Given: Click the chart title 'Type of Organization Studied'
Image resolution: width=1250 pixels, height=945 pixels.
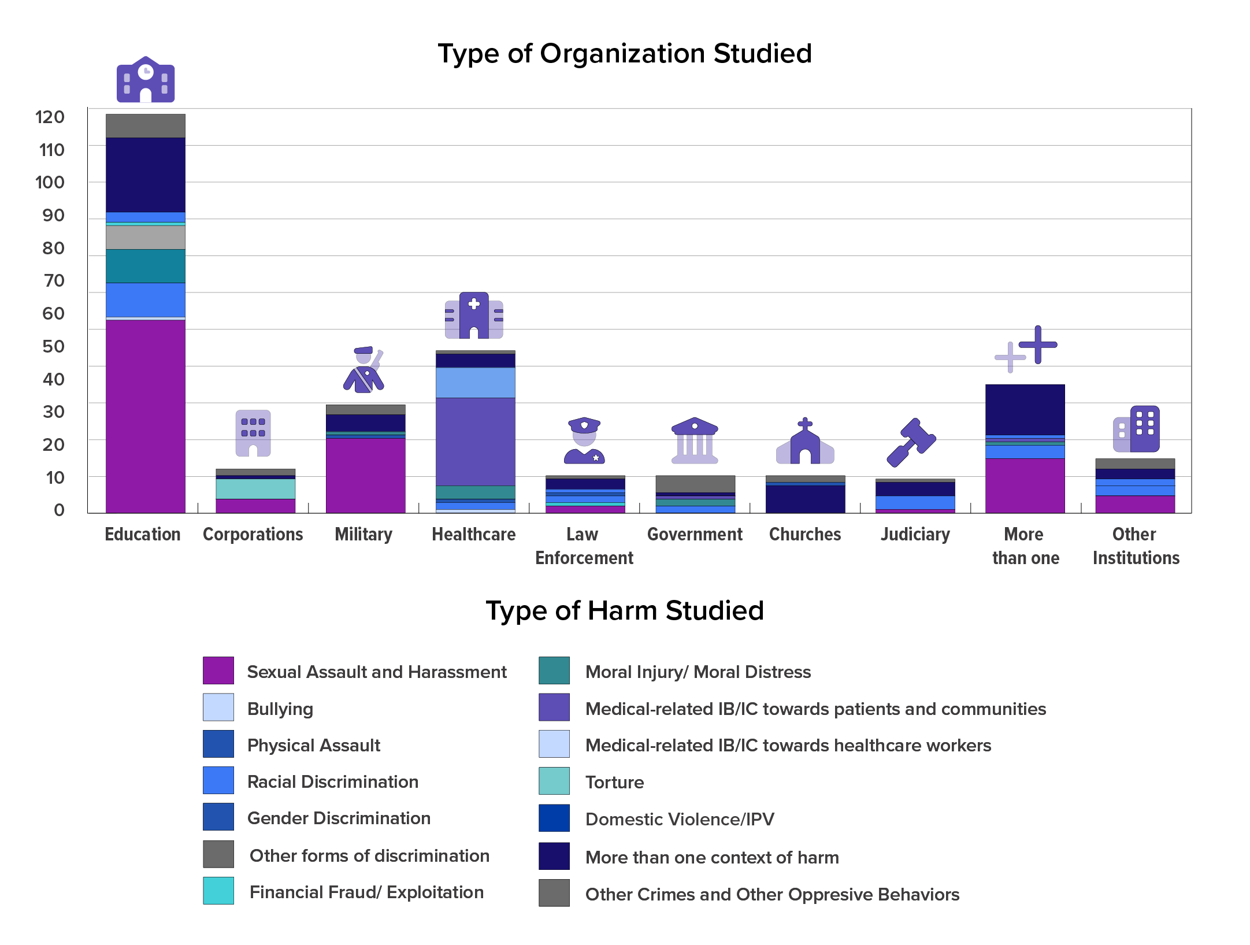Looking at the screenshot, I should click(624, 54).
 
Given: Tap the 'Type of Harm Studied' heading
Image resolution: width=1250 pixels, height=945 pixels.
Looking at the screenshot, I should click(624, 611).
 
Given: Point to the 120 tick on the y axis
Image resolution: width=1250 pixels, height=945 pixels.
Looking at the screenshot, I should click(50, 117).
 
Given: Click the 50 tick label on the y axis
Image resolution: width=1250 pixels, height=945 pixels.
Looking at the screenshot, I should click(53, 347).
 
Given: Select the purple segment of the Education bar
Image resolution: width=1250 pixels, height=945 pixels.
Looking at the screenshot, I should click(145, 416).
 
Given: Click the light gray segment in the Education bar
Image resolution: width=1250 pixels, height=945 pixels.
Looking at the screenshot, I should click(145, 238).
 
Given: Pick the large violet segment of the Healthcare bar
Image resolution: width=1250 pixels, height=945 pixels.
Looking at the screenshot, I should click(475, 442).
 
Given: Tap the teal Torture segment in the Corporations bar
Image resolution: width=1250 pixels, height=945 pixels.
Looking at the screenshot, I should click(255, 489).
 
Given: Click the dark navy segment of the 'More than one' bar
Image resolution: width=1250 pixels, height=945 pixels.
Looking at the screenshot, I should click(1025, 409).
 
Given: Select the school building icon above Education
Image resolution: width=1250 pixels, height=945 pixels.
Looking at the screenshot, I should click(146, 80).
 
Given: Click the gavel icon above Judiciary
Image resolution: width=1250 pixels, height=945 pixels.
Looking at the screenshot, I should click(911, 442).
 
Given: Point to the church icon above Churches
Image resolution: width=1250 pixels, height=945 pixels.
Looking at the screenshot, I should click(805, 442).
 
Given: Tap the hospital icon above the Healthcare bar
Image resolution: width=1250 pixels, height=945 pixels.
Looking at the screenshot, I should click(474, 316).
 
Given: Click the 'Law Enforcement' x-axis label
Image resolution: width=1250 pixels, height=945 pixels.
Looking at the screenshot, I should click(584, 546).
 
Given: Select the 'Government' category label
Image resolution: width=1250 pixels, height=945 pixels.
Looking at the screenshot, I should click(695, 535).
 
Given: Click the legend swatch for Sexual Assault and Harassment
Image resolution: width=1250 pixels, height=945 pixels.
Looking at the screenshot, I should click(218, 671).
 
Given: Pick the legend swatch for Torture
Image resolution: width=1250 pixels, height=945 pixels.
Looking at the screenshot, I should click(554, 781).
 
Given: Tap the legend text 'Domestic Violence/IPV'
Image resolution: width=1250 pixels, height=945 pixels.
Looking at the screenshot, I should click(680, 819).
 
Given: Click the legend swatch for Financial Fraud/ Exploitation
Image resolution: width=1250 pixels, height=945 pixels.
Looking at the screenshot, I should click(218, 891).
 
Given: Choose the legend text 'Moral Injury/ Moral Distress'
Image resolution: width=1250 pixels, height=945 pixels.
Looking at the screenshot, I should click(698, 672).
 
